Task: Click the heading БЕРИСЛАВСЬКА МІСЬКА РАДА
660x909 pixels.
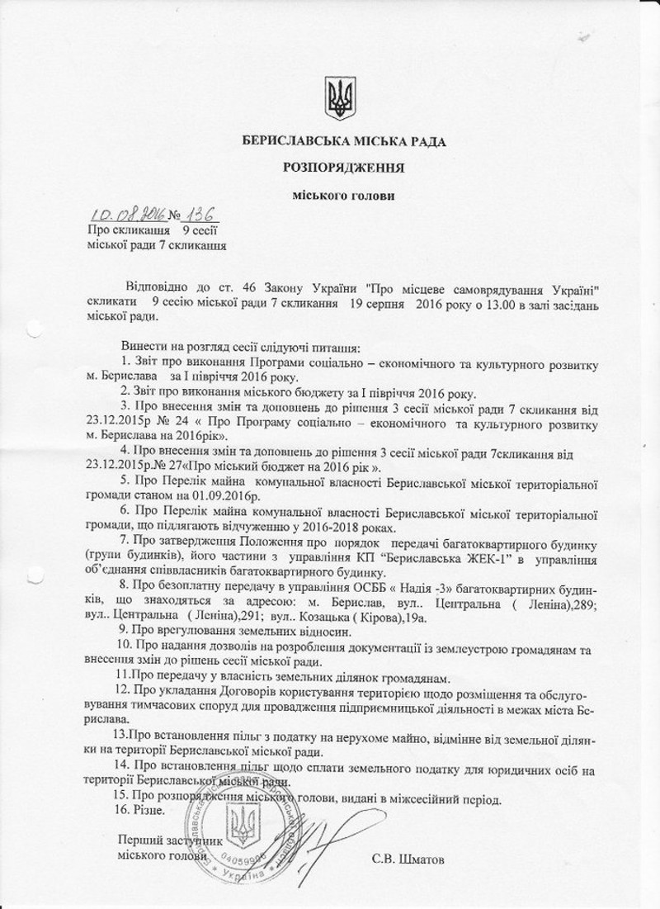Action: [x=342, y=142]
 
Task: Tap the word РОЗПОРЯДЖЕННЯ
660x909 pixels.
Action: [x=342, y=168]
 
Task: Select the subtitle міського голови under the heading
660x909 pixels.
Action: [x=343, y=196]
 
